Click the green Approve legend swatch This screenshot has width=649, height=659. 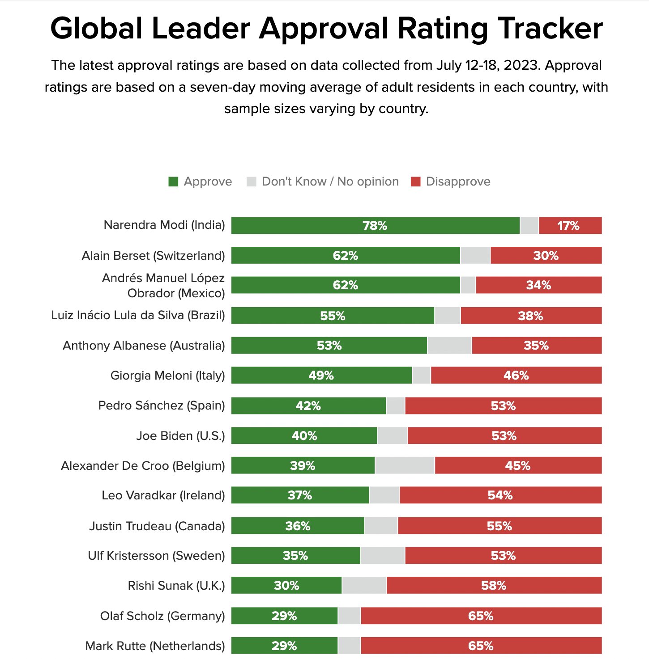point(173,182)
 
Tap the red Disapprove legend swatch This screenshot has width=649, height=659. point(416,182)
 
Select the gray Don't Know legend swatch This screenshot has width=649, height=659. point(252,182)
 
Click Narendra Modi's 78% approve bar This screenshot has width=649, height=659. point(375,226)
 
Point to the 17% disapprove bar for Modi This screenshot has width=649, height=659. point(569,226)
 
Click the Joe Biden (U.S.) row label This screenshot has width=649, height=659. point(180,436)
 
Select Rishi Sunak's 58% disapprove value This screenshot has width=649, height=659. point(494,586)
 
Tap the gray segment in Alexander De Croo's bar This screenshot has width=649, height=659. point(405,465)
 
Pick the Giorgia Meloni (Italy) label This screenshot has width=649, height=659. point(167,376)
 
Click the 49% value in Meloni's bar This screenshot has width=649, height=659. point(321,376)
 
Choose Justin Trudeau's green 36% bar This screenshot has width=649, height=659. point(298,526)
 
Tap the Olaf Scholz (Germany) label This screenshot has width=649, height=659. point(162,616)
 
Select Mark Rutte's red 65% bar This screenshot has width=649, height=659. point(481,646)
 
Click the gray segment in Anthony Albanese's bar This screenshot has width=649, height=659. point(449,346)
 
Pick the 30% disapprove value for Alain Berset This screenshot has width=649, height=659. point(546,256)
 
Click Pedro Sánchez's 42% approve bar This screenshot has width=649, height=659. point(308,406)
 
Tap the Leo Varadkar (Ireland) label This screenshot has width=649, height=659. point(163,495)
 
